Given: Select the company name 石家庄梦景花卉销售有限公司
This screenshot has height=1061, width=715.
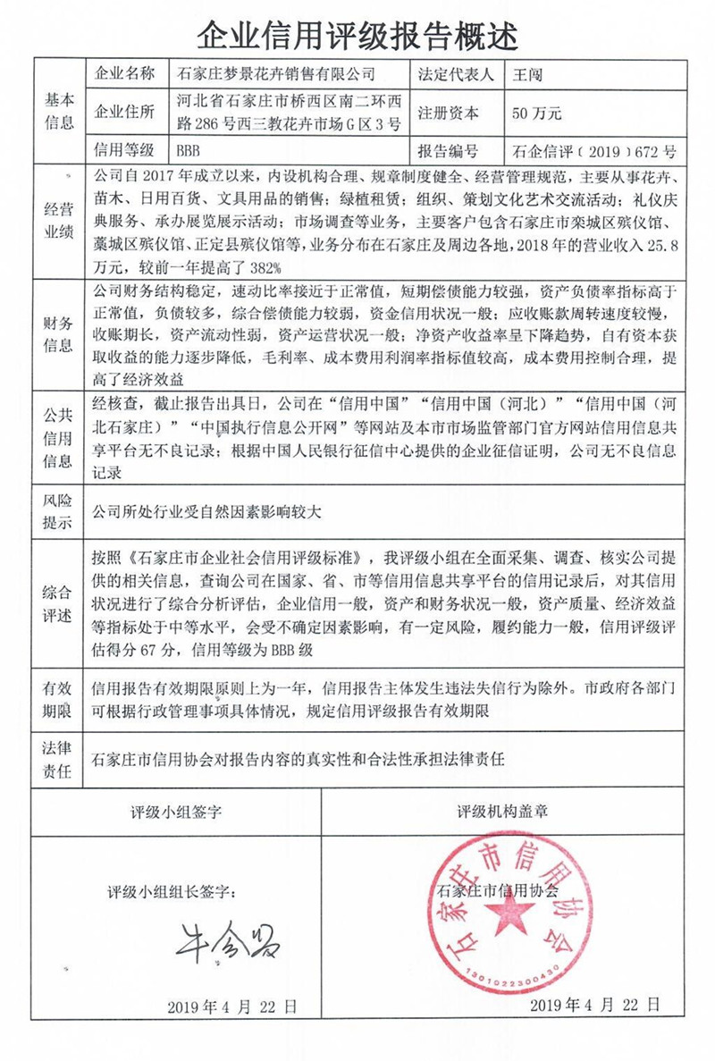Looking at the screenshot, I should click(x=278, y=74).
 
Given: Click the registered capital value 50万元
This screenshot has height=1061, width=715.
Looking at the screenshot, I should click(x=537, y=114).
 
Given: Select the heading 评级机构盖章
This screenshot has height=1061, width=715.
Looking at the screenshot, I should click(x=503, y=812).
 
